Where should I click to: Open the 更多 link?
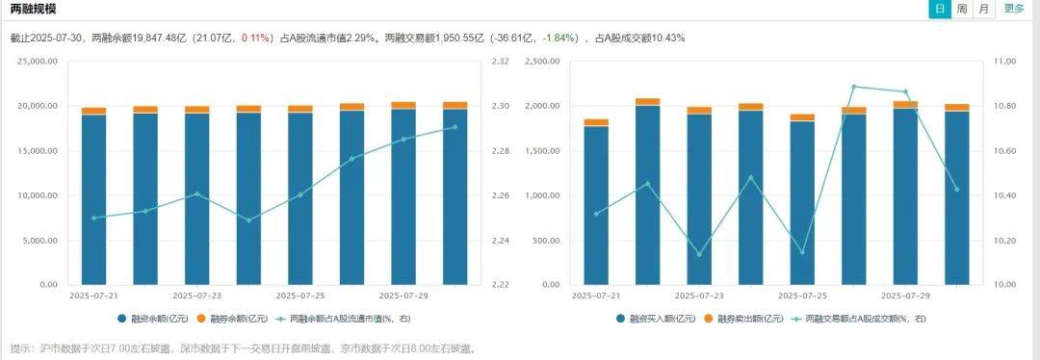tap(1014, 9)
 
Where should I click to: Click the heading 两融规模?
tap(33, 9)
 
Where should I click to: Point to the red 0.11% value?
tap(254, 39)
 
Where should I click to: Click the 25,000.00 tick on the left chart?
tap(39, 62)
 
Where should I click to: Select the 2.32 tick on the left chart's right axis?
tap(500, 62)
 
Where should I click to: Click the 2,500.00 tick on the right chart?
tap(543, 62)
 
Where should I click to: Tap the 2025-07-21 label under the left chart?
tap(93, 296)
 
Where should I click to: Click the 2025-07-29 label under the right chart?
tap(906, 296)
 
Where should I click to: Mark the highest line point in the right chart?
tap(854, 87)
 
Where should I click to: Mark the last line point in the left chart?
tap(455, 127)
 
